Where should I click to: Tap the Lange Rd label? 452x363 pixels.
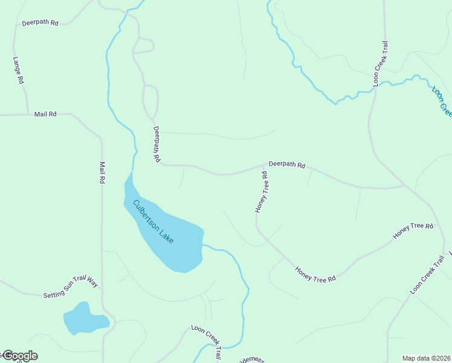[18, 70]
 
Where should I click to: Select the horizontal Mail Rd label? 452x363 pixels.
[45, 114]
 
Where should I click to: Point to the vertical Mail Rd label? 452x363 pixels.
[103, 172]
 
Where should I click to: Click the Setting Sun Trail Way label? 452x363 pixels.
[70, 288]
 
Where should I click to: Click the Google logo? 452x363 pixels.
[19, 356]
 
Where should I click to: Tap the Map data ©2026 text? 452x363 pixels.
[427, 358]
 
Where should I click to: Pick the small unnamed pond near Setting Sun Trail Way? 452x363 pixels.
[83, 319]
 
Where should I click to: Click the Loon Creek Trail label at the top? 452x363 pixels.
[379, 63]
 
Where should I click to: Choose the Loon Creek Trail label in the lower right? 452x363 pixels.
[427, 275]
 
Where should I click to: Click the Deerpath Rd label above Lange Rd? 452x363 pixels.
[40, 23]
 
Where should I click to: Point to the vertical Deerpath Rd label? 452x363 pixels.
[156, 144]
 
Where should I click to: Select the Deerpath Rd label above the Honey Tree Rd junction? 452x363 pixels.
[287, 164]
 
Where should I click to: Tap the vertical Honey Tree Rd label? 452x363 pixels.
[261, 192]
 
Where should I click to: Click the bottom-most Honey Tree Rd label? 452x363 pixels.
[315, 275]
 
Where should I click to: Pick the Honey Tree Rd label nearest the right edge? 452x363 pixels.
[413, 230]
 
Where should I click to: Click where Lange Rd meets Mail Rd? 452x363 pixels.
[27, 114]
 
